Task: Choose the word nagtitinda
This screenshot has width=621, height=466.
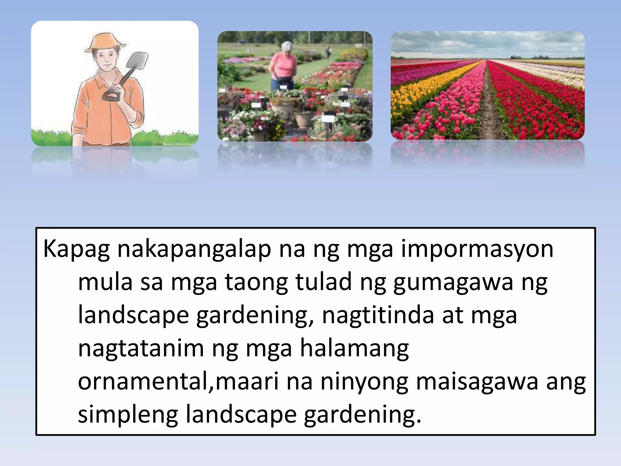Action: [x=378, y=316]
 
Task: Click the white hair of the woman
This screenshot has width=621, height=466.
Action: [x=287, y=46]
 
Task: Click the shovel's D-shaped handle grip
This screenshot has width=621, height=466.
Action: [x=111, y=96]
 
